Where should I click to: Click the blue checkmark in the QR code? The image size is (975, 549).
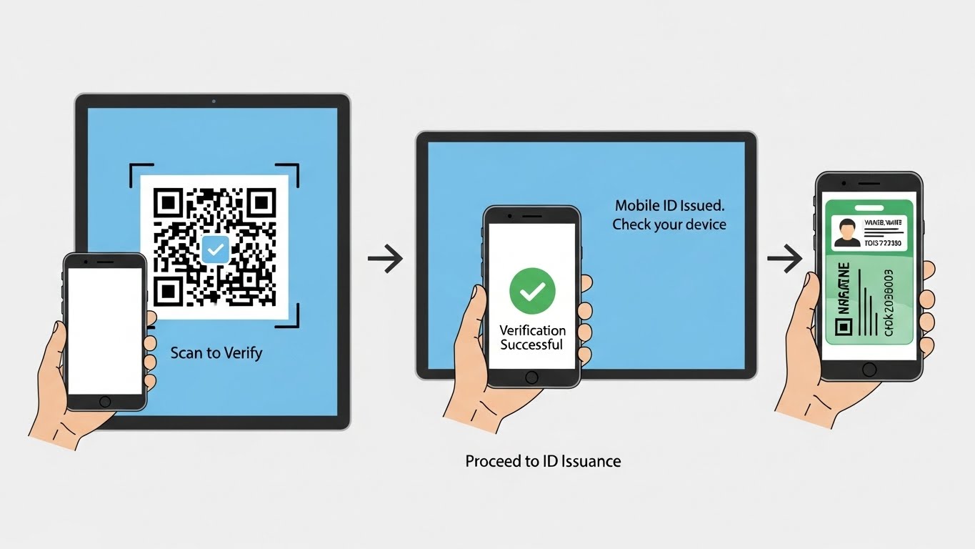214,249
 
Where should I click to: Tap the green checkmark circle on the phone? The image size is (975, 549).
532,291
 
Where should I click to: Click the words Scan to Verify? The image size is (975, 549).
216,352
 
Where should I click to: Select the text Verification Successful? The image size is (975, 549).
531,337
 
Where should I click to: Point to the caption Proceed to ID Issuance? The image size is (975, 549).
543,461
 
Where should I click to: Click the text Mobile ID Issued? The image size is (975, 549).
669,205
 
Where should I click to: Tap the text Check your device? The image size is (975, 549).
669,224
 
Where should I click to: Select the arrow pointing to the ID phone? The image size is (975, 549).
784,259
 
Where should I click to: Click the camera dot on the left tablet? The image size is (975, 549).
213,102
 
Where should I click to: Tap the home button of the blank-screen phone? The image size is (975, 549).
105,401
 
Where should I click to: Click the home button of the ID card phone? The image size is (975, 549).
869,369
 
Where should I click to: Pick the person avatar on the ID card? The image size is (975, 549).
847,232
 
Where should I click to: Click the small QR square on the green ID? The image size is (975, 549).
844,327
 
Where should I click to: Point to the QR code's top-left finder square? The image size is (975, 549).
167,202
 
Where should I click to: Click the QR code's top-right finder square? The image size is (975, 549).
262,202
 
